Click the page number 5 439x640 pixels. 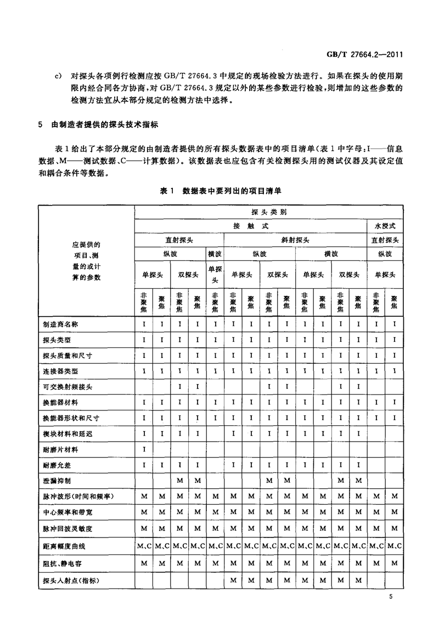pos(391,596)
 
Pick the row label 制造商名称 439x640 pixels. pos(60,324)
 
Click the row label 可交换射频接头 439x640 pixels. pos(67,387)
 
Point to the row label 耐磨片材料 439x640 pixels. pos(60,449)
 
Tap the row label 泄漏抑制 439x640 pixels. pos(57,481)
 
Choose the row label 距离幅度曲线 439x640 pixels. pos(64,547)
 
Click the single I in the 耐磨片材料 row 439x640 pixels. pos(144,449)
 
